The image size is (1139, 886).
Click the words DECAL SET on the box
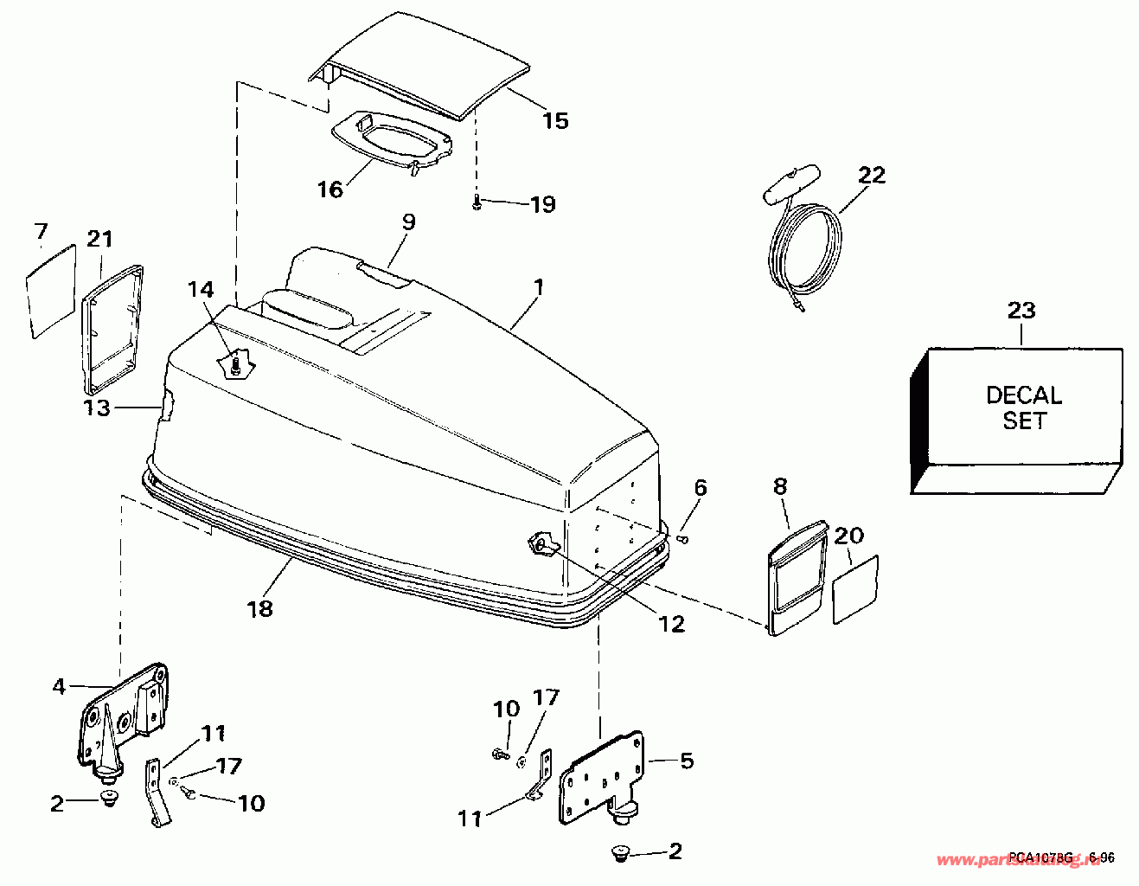[1023, 408]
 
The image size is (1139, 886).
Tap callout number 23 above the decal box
[1021, 310]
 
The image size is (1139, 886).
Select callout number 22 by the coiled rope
[872, 175]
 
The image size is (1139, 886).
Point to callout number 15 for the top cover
[555, 120]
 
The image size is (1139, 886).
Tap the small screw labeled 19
[477, 203]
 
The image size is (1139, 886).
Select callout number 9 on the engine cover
[408, 222]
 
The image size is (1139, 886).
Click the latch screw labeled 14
[235, 365]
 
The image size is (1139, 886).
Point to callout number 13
[97, 408]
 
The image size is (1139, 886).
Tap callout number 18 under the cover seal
[259, 608]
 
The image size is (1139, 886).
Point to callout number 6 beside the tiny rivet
[700, 487]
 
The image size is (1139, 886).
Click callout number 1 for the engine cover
[538, 286]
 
